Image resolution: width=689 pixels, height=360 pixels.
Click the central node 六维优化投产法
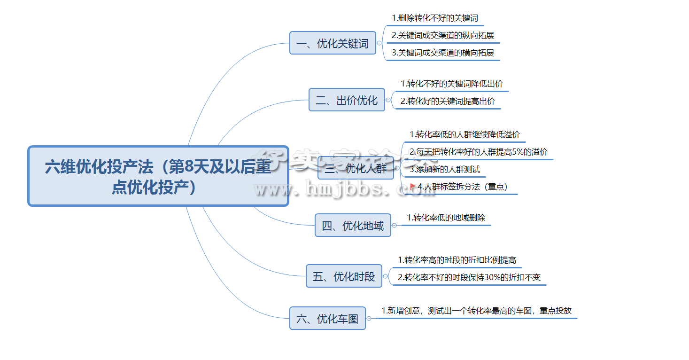(x=158, y=176)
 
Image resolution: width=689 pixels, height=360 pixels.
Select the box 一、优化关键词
(x=333, y=43)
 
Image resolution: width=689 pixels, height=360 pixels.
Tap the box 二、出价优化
(x=347, y=100)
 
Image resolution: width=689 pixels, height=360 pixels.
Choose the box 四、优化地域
(x=353, y=226)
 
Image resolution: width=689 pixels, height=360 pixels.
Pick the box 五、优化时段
(x=344, y=276)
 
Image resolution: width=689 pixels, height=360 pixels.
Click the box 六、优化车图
(x=327, y=319)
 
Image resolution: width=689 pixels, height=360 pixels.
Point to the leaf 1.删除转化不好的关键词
(x=435, y=18)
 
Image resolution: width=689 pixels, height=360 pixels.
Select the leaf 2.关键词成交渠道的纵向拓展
(x=443, y=35)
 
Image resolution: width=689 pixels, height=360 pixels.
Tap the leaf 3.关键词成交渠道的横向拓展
(x=443, y=53)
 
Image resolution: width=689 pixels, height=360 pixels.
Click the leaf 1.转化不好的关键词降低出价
(x=451, y=84)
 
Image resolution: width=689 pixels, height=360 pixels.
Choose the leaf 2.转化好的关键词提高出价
(x=448, y=101)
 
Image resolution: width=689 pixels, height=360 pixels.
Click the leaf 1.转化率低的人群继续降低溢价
(x=464, y=134)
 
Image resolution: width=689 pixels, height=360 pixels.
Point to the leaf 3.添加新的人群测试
(x=444, y=169)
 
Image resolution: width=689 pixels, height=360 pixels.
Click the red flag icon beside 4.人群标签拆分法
(x=413, y=187)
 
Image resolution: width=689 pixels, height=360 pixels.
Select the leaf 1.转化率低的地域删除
(x=446, y=218)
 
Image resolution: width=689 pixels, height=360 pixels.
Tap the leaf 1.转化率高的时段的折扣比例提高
(x=457, y=260)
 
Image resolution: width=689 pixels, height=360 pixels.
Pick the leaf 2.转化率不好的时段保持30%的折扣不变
(x=469, y=277)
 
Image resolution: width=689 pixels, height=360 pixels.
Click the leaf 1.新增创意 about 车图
(x=476, y=311)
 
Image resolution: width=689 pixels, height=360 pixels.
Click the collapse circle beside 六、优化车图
(x=369, y=319)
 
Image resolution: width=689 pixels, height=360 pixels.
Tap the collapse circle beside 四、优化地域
(x=394, y=226)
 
